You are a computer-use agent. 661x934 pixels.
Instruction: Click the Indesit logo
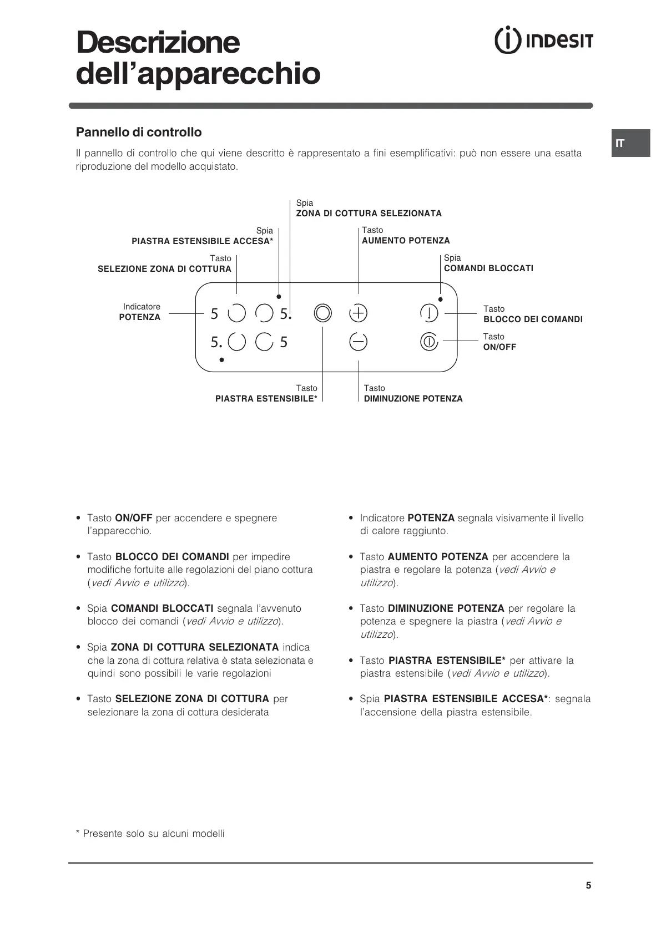click(543, 41)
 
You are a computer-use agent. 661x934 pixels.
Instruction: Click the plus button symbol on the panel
click(358, 313)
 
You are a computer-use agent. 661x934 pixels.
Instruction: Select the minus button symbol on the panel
click(358, 342)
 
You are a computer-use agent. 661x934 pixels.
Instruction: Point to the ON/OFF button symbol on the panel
click(429, 342)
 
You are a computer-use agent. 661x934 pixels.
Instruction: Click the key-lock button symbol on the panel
click(429, 313)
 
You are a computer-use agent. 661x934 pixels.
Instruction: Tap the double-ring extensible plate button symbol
click(322, 313)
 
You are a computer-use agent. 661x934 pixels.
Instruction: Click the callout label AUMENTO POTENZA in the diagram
click(406, 241)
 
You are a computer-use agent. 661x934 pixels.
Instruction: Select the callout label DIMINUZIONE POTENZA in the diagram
click(413, 399)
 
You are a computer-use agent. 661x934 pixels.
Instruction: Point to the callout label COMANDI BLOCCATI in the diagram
click(488, 268)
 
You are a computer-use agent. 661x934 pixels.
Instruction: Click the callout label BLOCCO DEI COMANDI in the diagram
click(533, 319)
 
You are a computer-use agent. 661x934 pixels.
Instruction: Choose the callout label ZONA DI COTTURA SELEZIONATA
click(369, 214)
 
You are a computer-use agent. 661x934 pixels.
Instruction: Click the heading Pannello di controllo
click(139, 132)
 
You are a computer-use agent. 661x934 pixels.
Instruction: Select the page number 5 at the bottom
click(588, 885)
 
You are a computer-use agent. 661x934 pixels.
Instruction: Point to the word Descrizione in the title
click(158, 43)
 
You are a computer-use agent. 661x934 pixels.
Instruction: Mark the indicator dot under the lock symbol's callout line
click(440, 300)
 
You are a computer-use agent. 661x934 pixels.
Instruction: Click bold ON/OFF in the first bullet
click(133, 518)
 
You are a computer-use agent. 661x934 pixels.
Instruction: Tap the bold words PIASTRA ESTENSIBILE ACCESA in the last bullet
click(466, 699)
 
